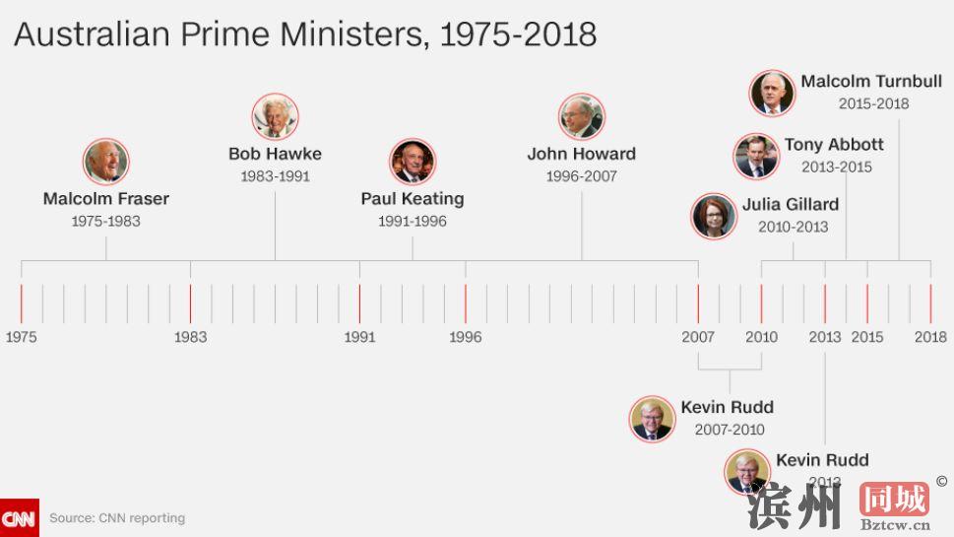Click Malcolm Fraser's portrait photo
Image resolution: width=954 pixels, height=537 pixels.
tap(105, 162)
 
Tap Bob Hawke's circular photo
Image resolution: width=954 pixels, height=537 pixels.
tap(275, 117)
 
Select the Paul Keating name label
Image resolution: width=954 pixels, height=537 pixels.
tap(412, 198)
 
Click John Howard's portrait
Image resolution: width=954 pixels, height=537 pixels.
tap(581, 117)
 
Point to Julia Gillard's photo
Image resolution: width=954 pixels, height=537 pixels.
tap(714, 216)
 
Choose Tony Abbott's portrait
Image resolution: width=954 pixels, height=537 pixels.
tap(756, 156)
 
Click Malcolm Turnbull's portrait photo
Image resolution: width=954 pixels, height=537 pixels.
tap(772, 94)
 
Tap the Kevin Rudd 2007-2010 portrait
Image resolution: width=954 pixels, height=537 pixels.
tap(652, 419)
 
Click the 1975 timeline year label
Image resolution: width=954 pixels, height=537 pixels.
tap(21, 337)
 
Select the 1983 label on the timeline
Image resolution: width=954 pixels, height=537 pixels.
tap(190, 337)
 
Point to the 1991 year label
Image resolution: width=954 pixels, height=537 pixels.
tap(359, 337)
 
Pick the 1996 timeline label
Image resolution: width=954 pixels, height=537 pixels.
tap(465, 337)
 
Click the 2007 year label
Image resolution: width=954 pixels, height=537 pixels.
tap(698, 337)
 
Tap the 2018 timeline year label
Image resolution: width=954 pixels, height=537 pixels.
tap(930, 337)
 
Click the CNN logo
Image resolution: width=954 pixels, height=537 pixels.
tap(19, 518)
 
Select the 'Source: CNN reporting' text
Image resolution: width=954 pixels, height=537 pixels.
tap(117, 518)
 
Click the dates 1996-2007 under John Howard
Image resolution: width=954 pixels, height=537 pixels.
tap(581, 176)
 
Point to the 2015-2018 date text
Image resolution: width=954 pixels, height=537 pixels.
tap(873, 103)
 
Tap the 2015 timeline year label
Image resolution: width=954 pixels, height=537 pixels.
tap(867, 337)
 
